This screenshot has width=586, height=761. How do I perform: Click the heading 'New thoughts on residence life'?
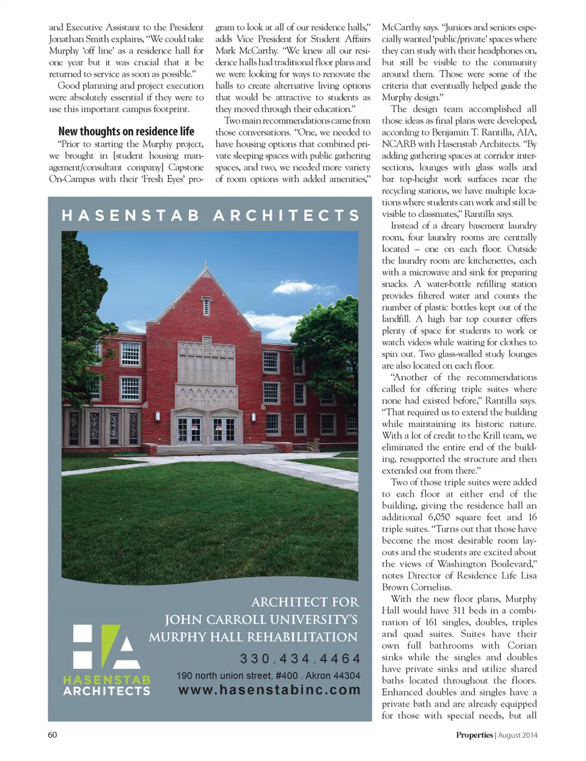point(126,131)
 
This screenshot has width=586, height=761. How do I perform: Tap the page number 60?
point(52,735)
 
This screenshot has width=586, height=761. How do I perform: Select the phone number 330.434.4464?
point(300,658)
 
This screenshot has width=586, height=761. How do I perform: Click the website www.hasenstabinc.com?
point(269,690)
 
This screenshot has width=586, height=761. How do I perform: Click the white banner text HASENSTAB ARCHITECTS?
point(211,215)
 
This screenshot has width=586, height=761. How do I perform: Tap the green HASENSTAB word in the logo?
point(107,680)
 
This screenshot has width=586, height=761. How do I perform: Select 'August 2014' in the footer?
point(518,735)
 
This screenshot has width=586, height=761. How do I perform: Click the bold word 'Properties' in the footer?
point(474,735)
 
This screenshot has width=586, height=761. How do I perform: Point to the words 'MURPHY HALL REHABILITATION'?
point(253,637)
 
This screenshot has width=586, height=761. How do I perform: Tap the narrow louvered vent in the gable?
point(206,306)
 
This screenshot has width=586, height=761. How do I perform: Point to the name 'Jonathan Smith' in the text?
point(79,39)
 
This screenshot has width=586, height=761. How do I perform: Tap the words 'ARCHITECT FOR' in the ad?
point(305,602)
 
